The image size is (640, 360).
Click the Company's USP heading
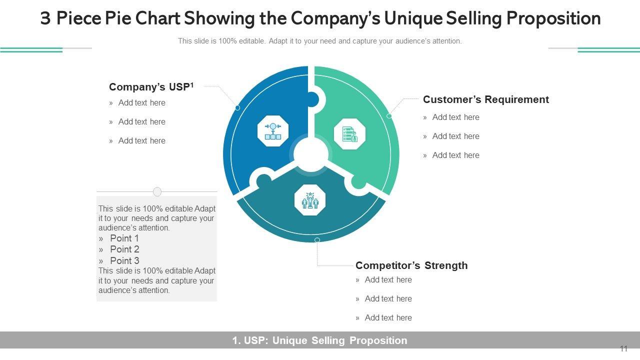pyautogui.click(x=149, y=87)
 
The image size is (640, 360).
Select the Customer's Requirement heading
pyautogui.click(x=485, y=99)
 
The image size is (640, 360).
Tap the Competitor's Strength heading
pyautogui.click(x=411, y=265)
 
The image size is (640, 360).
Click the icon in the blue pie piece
pyautogui.click(x=273, y=131)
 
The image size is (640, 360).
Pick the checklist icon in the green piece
pyautogui.click(x=349, y=134)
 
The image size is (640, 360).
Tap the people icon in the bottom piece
pyautogui.click(x=310, y=200)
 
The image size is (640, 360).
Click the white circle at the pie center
pyautogui.click(x=310, y=154)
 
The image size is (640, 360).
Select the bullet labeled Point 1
pyautogui.click(x=124, y=238)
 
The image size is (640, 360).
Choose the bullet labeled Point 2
pyautogui.click(x=124, y=249)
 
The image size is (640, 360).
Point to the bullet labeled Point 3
pyautogui.click(x=124, y=260)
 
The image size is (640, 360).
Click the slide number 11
pyautogui.click(x=623, y=349)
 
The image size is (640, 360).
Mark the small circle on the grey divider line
pyautogui.click(x=157, y=191)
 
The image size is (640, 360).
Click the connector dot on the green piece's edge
pyautogui.click(x=389, y=116)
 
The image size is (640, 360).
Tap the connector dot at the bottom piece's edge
pyautogui.click(x=317, y=240)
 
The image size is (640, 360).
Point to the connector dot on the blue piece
pyautogui.click(x=237, y=108)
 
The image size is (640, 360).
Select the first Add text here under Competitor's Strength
pyautogui.click(x=388, y=280)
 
